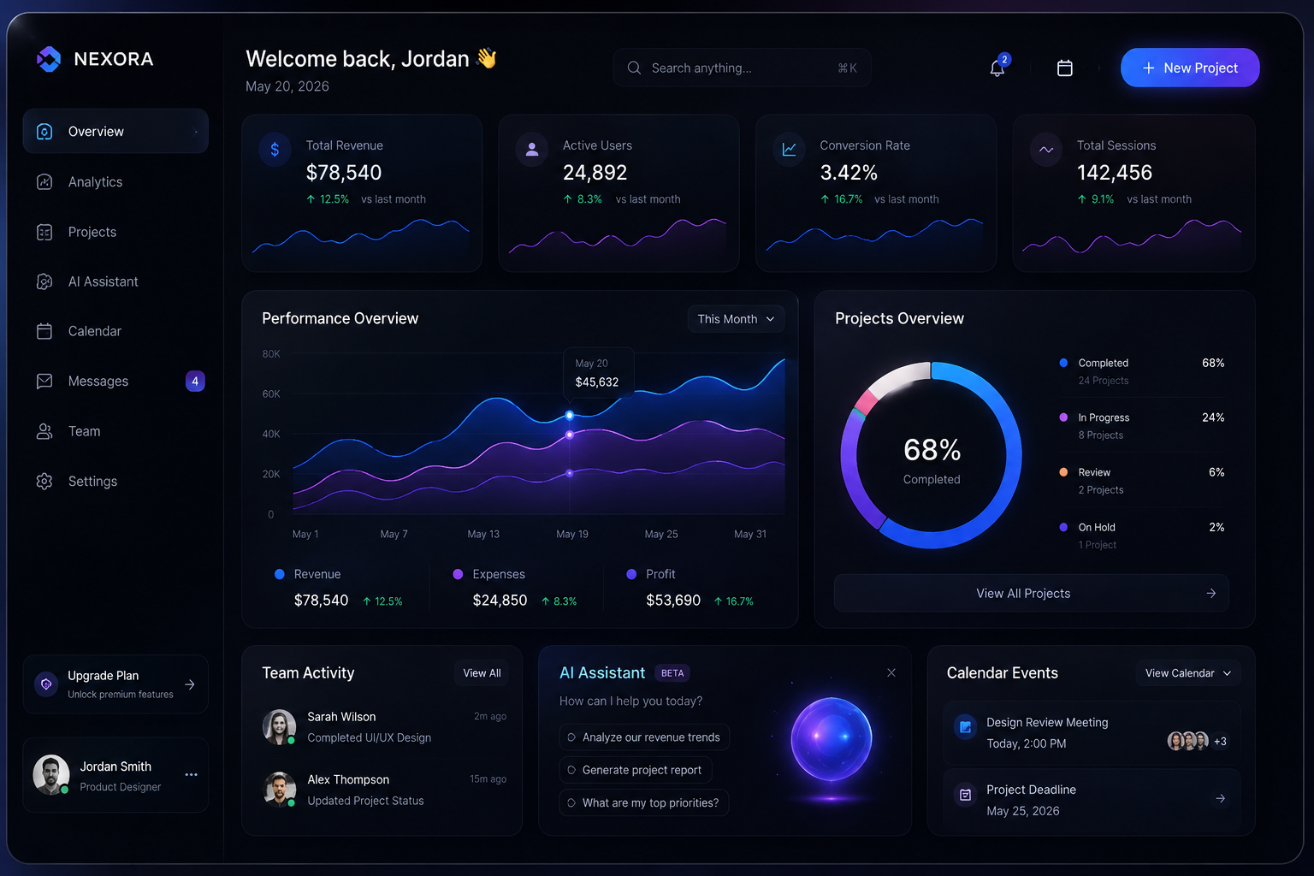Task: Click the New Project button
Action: point(1190,68)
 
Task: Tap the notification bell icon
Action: point(997,68)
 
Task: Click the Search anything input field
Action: point(742,68)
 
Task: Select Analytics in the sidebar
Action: point(95,182)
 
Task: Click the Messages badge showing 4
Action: point(195,381)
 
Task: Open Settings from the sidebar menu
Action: point(92,481)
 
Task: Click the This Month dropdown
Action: point(736,318)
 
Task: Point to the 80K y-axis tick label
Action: point(271,354)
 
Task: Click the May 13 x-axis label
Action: point(483,534)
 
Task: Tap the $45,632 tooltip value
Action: point(596,382)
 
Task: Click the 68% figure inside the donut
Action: point(932,450)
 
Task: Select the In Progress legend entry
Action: point(1104,417)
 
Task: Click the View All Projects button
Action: point(1031,593)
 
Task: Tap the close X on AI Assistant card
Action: point(891,672)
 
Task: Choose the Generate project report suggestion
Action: point(636,770)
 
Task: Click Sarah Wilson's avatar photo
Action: point(279,726)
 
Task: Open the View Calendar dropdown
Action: point(1188,673)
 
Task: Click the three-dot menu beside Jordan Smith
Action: point(192,774)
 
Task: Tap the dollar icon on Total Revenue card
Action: point(275,150)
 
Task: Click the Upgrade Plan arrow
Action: point(189,684)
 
